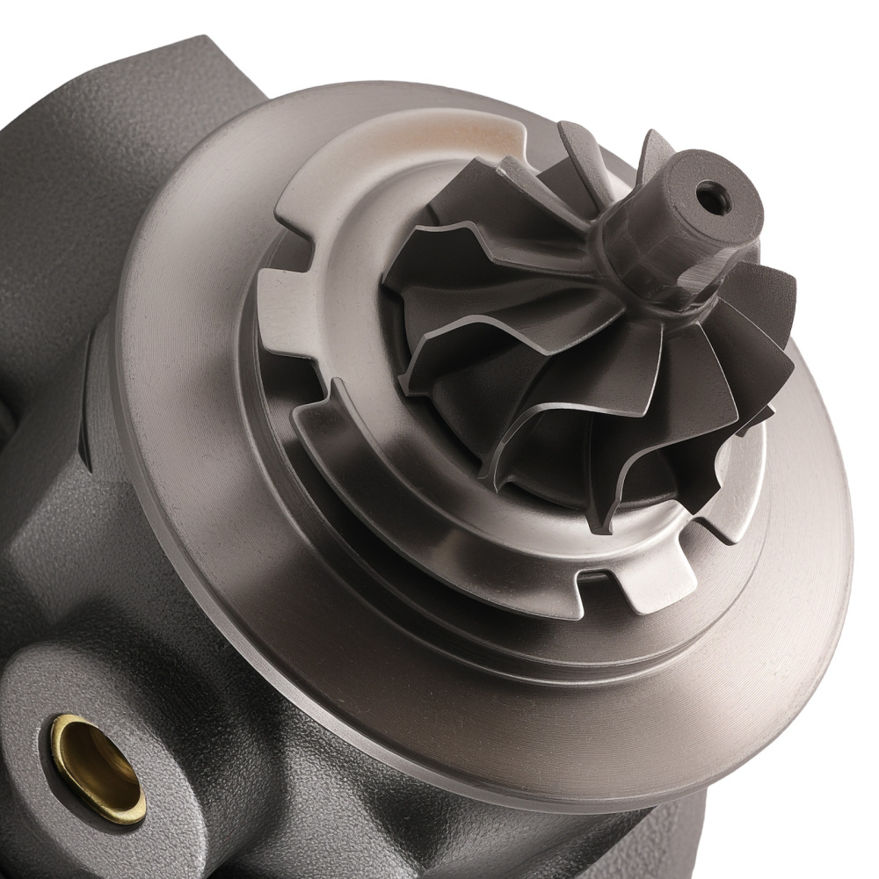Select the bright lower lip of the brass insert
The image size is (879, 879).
click(x=110, y=804)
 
